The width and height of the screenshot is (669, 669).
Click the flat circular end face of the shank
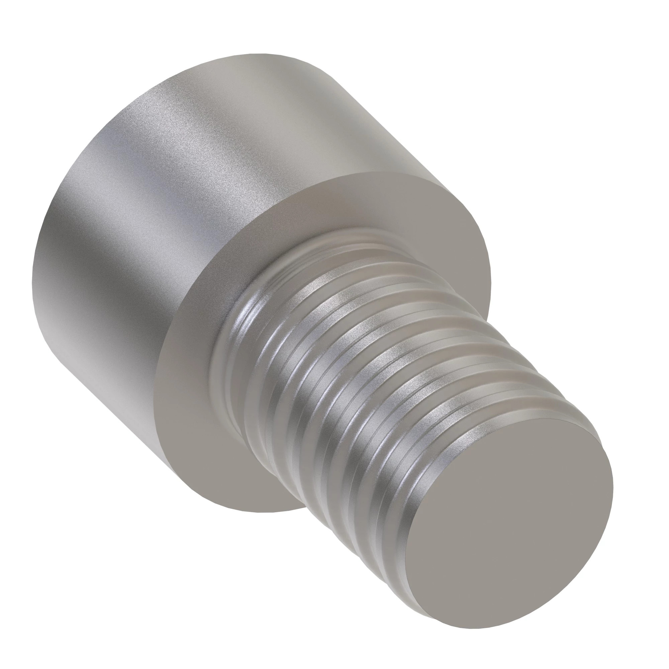509,519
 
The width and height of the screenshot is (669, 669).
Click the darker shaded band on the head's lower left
80,312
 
